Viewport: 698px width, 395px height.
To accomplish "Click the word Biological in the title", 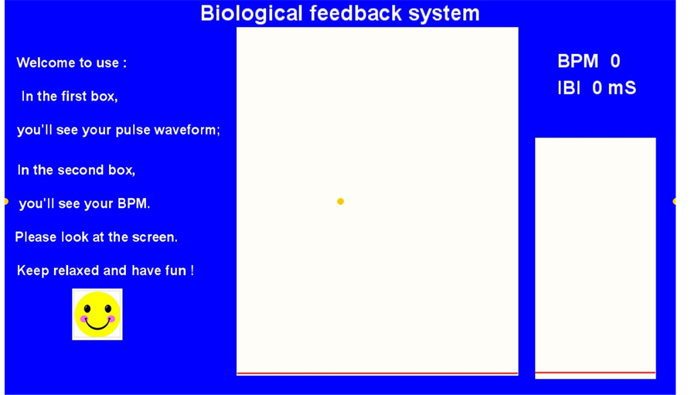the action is [x=251, y=14].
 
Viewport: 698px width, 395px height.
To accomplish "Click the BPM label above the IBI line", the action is [x=578, y=61].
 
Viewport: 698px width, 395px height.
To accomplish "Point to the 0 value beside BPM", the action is [x=615, y=61].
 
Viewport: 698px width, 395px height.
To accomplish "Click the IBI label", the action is [x=569, y=87].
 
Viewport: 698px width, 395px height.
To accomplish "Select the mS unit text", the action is [x=622, y=87].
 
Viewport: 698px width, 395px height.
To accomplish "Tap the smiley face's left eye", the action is [x=87, y=308].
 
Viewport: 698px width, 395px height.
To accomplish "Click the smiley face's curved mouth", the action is [x=97, y=325].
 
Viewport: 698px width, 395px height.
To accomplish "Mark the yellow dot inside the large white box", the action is [x=341, y=201].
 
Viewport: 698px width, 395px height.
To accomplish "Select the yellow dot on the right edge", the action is [x=674, y=201].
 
